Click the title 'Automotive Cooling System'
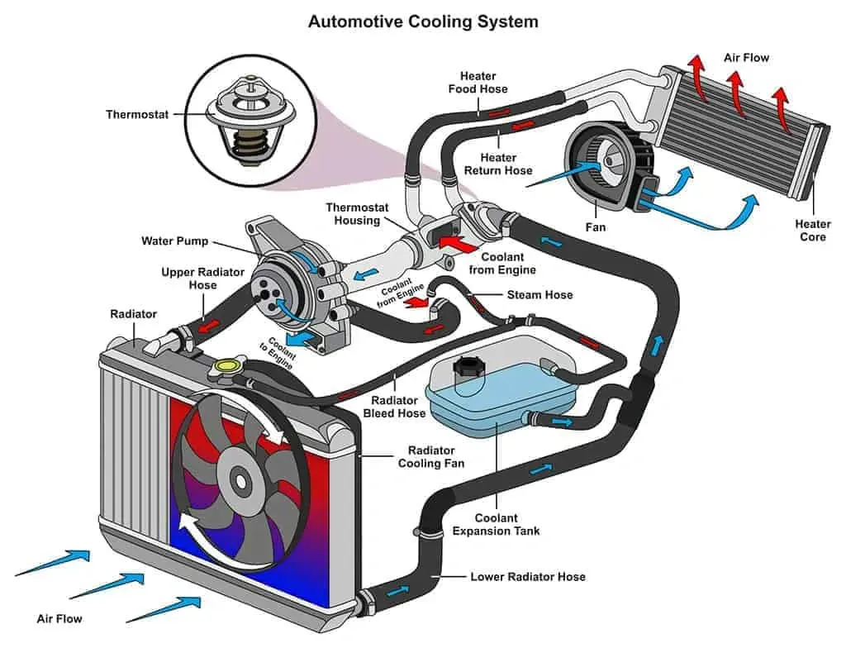423,21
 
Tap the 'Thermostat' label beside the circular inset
136,114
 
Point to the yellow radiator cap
224,365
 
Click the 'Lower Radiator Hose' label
528,576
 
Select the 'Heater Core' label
813,231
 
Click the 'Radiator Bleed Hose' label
394,406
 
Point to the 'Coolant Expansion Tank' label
496,524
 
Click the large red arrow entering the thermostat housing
455,243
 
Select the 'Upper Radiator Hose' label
189,279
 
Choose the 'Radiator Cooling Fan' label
431,457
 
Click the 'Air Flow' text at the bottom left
59,618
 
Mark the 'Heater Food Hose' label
478,83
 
